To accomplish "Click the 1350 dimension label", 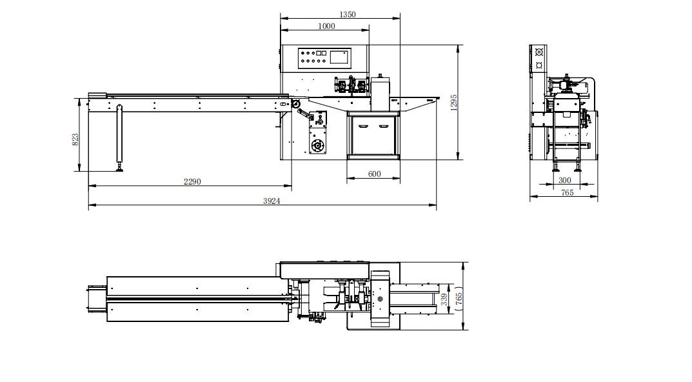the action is pyautogui.click(x=348, y=14).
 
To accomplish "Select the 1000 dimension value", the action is pyautogui.click(x=326, y=26).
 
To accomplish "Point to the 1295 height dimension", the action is pyautogui.click(x=454, y=103).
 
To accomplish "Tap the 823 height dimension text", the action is pyautogui.click(x=75, y=139).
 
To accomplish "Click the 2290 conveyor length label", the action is pyautogui.click(x=192, y=181).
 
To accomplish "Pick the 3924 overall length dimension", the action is pyautogui.click(x=272, y=201).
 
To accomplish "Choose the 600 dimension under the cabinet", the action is pyautogui.click(x=374, y=174).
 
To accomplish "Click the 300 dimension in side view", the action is pyautogui.click(x=564, y=180).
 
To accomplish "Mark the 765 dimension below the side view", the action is pyautogui.click(x=567, y=192).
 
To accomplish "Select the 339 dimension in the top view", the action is pyautogui.click(x=444, y=299).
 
